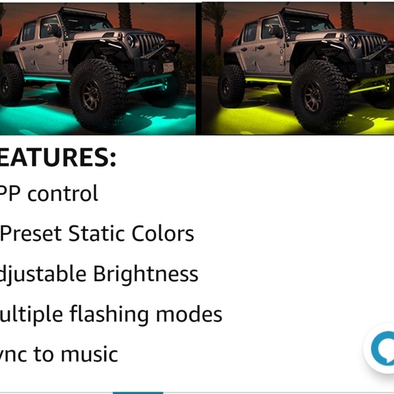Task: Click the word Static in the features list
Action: [x=94, y=234]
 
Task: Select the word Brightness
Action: [x=145, y=274]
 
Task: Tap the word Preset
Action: [x=31, y=234]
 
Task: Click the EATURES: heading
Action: [x=58, y=157]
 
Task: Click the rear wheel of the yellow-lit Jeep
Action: [x=231, y=85]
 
